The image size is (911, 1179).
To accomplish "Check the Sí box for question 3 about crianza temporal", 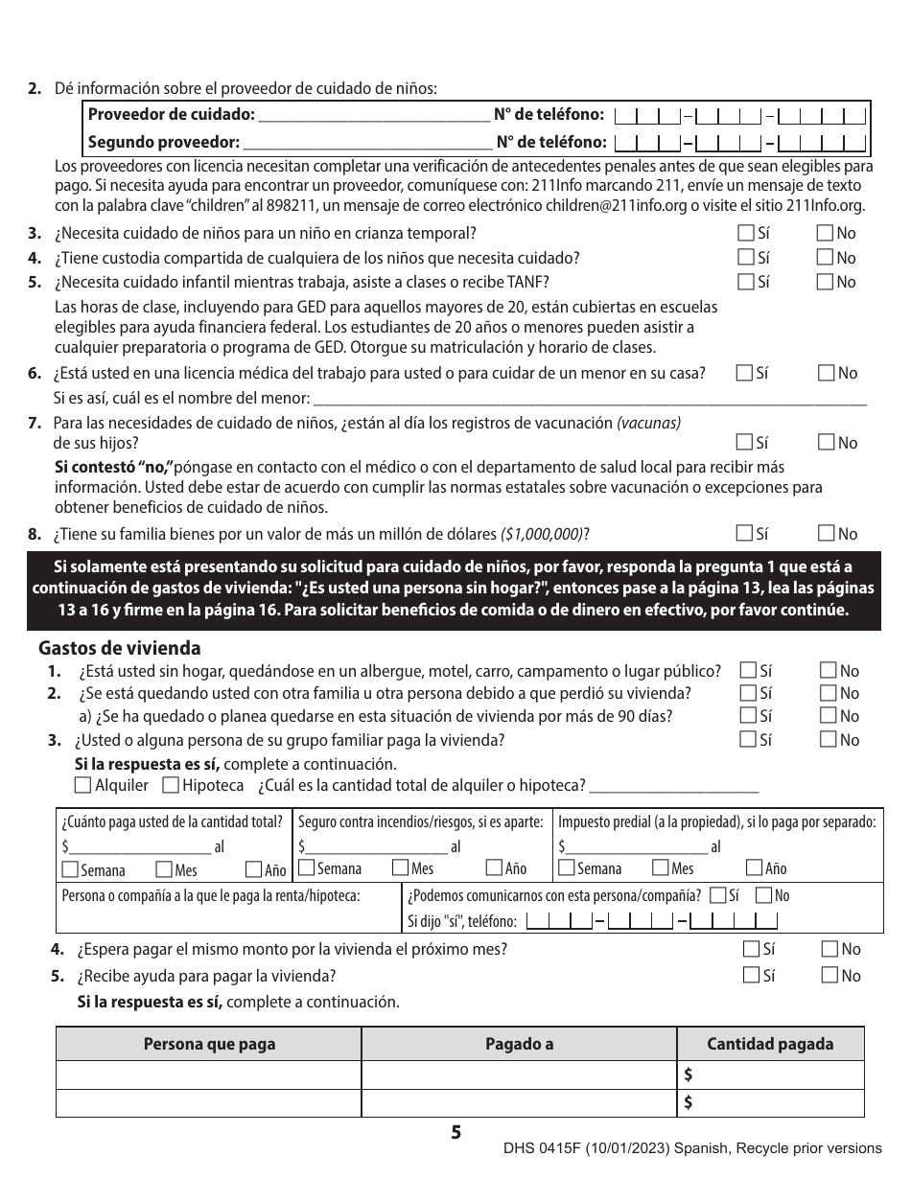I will [x=745, y=233].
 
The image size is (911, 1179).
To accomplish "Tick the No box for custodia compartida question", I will [x=825, y=258].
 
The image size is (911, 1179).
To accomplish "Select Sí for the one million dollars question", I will [x=745, y=534].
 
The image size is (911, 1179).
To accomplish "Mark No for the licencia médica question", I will [x=825, y=373].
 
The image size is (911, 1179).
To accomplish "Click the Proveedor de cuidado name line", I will [x=374, y=118].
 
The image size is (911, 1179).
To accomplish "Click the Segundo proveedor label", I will [x=163, y=143].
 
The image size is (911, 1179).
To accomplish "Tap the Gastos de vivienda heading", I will [x=120, y=648].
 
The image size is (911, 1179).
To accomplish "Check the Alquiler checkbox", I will [x=83, y=786].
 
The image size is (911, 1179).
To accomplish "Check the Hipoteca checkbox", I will [x=171, y=786].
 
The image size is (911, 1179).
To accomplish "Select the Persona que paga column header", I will [x=209, y=1044].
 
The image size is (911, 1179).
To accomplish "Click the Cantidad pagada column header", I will [x=770, y=1044].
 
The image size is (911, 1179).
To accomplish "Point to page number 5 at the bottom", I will [x=456, y=1133].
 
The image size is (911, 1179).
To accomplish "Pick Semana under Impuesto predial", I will [x=567, y=868].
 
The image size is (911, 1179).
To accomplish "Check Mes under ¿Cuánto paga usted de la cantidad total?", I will [x=163, y=870].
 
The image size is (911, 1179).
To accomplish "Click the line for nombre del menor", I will [x=590, y=399].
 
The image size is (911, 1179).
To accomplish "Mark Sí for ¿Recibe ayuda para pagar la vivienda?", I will [x=751, y=976].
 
